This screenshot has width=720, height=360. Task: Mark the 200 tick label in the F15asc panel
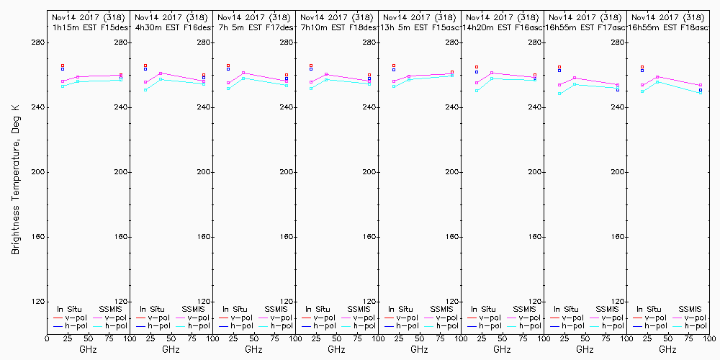pyautogui.click(x=369, y=172)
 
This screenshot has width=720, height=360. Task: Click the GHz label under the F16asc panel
pyautogui.click(x=502, y=349)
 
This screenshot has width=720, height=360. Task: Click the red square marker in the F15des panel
pyautogui.click(x=63, y=66)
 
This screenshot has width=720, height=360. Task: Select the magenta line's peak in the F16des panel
pyautogui.click(x=161, y=73)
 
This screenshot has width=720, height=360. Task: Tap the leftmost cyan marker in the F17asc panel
pyautogui.click(x=559, y=94)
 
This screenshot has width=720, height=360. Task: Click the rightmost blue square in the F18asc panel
pyautogui.click(x=700, y=90)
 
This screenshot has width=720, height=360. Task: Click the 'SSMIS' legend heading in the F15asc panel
pyautogui.click(x=441, y=309)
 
